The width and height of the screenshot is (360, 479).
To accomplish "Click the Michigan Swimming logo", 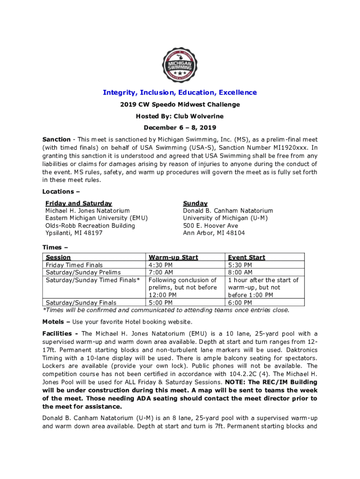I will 180,66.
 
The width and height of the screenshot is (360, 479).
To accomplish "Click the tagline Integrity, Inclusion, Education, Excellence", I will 180,93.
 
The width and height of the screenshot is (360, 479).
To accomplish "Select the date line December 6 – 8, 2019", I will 180,127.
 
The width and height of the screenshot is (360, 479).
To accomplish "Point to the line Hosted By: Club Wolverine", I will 180,116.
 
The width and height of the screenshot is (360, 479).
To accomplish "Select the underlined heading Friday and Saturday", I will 79,203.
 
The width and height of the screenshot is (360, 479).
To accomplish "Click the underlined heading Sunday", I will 195,203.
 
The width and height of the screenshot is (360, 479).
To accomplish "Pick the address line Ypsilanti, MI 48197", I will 74,233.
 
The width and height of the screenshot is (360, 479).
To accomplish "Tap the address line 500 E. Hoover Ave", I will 210,225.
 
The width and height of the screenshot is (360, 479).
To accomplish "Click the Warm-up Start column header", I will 173,257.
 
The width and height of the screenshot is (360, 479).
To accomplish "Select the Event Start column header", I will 246,257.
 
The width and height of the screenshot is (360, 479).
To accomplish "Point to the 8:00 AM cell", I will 240,272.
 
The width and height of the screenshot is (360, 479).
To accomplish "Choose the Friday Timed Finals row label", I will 74,265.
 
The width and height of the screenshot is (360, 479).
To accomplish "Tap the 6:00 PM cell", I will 240,303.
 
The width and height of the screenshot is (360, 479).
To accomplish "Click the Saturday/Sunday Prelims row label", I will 83,272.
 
